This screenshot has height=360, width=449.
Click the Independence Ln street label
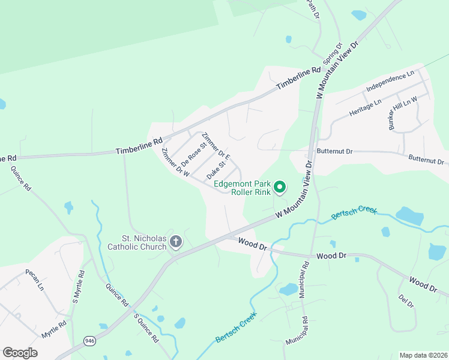pyautogui.click(x=390, y=82)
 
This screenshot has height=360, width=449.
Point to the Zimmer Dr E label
pyautogui.click(x=216, y=146)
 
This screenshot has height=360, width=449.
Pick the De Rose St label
pyautogui.click(x=194, y=154)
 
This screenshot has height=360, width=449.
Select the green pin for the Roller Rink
pyautogui.click(x=279, y=188)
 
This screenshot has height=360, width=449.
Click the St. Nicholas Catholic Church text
pyautogui.click(x=136, y=242)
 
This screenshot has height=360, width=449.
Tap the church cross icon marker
pyautogui.click(x=176, y=242)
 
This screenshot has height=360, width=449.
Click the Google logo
pyautogui.click(x=20, y=353)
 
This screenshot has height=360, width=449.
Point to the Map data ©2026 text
pyautogui.click(x=423, y=355)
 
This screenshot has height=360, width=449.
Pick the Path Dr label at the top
pyautogui.click(x=311, y=8)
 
